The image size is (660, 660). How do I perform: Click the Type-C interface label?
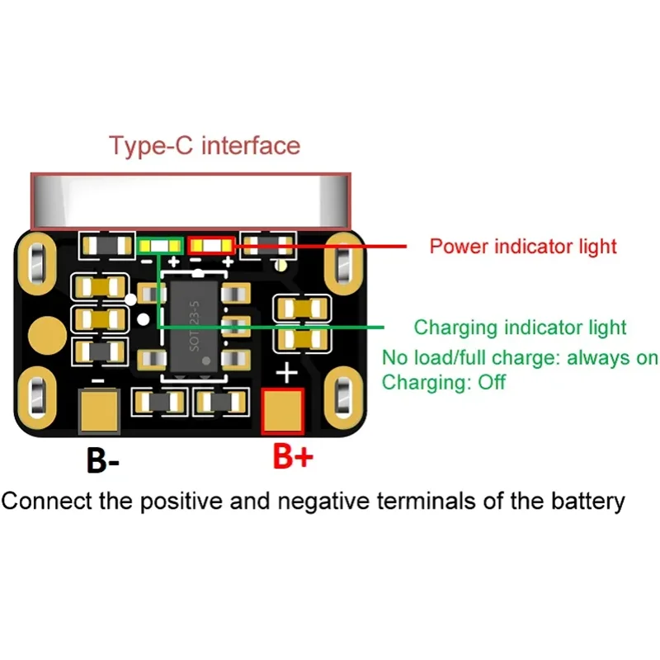205,146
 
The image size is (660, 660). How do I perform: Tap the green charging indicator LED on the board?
161,245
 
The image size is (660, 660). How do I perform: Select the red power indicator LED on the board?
211,245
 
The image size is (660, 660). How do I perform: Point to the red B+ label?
293,457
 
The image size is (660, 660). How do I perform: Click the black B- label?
103,460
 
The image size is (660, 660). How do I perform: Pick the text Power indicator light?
523,246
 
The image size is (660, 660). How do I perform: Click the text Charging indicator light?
520,328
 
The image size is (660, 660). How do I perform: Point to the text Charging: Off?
443,383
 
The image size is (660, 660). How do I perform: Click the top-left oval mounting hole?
37,262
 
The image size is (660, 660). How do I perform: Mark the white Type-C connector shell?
190,201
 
